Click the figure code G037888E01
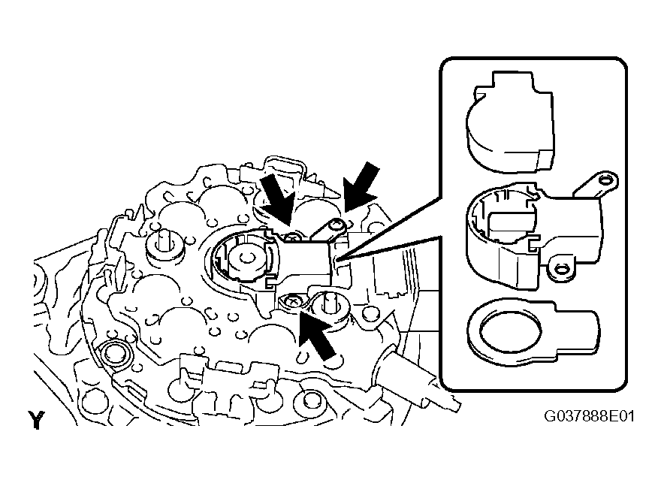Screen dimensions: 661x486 589,416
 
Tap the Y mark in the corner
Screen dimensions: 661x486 36,419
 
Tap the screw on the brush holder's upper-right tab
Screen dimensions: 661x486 337,225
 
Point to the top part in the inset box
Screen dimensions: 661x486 510,122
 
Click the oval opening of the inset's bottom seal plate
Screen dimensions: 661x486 510,332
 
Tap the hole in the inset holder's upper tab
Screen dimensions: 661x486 606,181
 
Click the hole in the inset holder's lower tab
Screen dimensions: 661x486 560,268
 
